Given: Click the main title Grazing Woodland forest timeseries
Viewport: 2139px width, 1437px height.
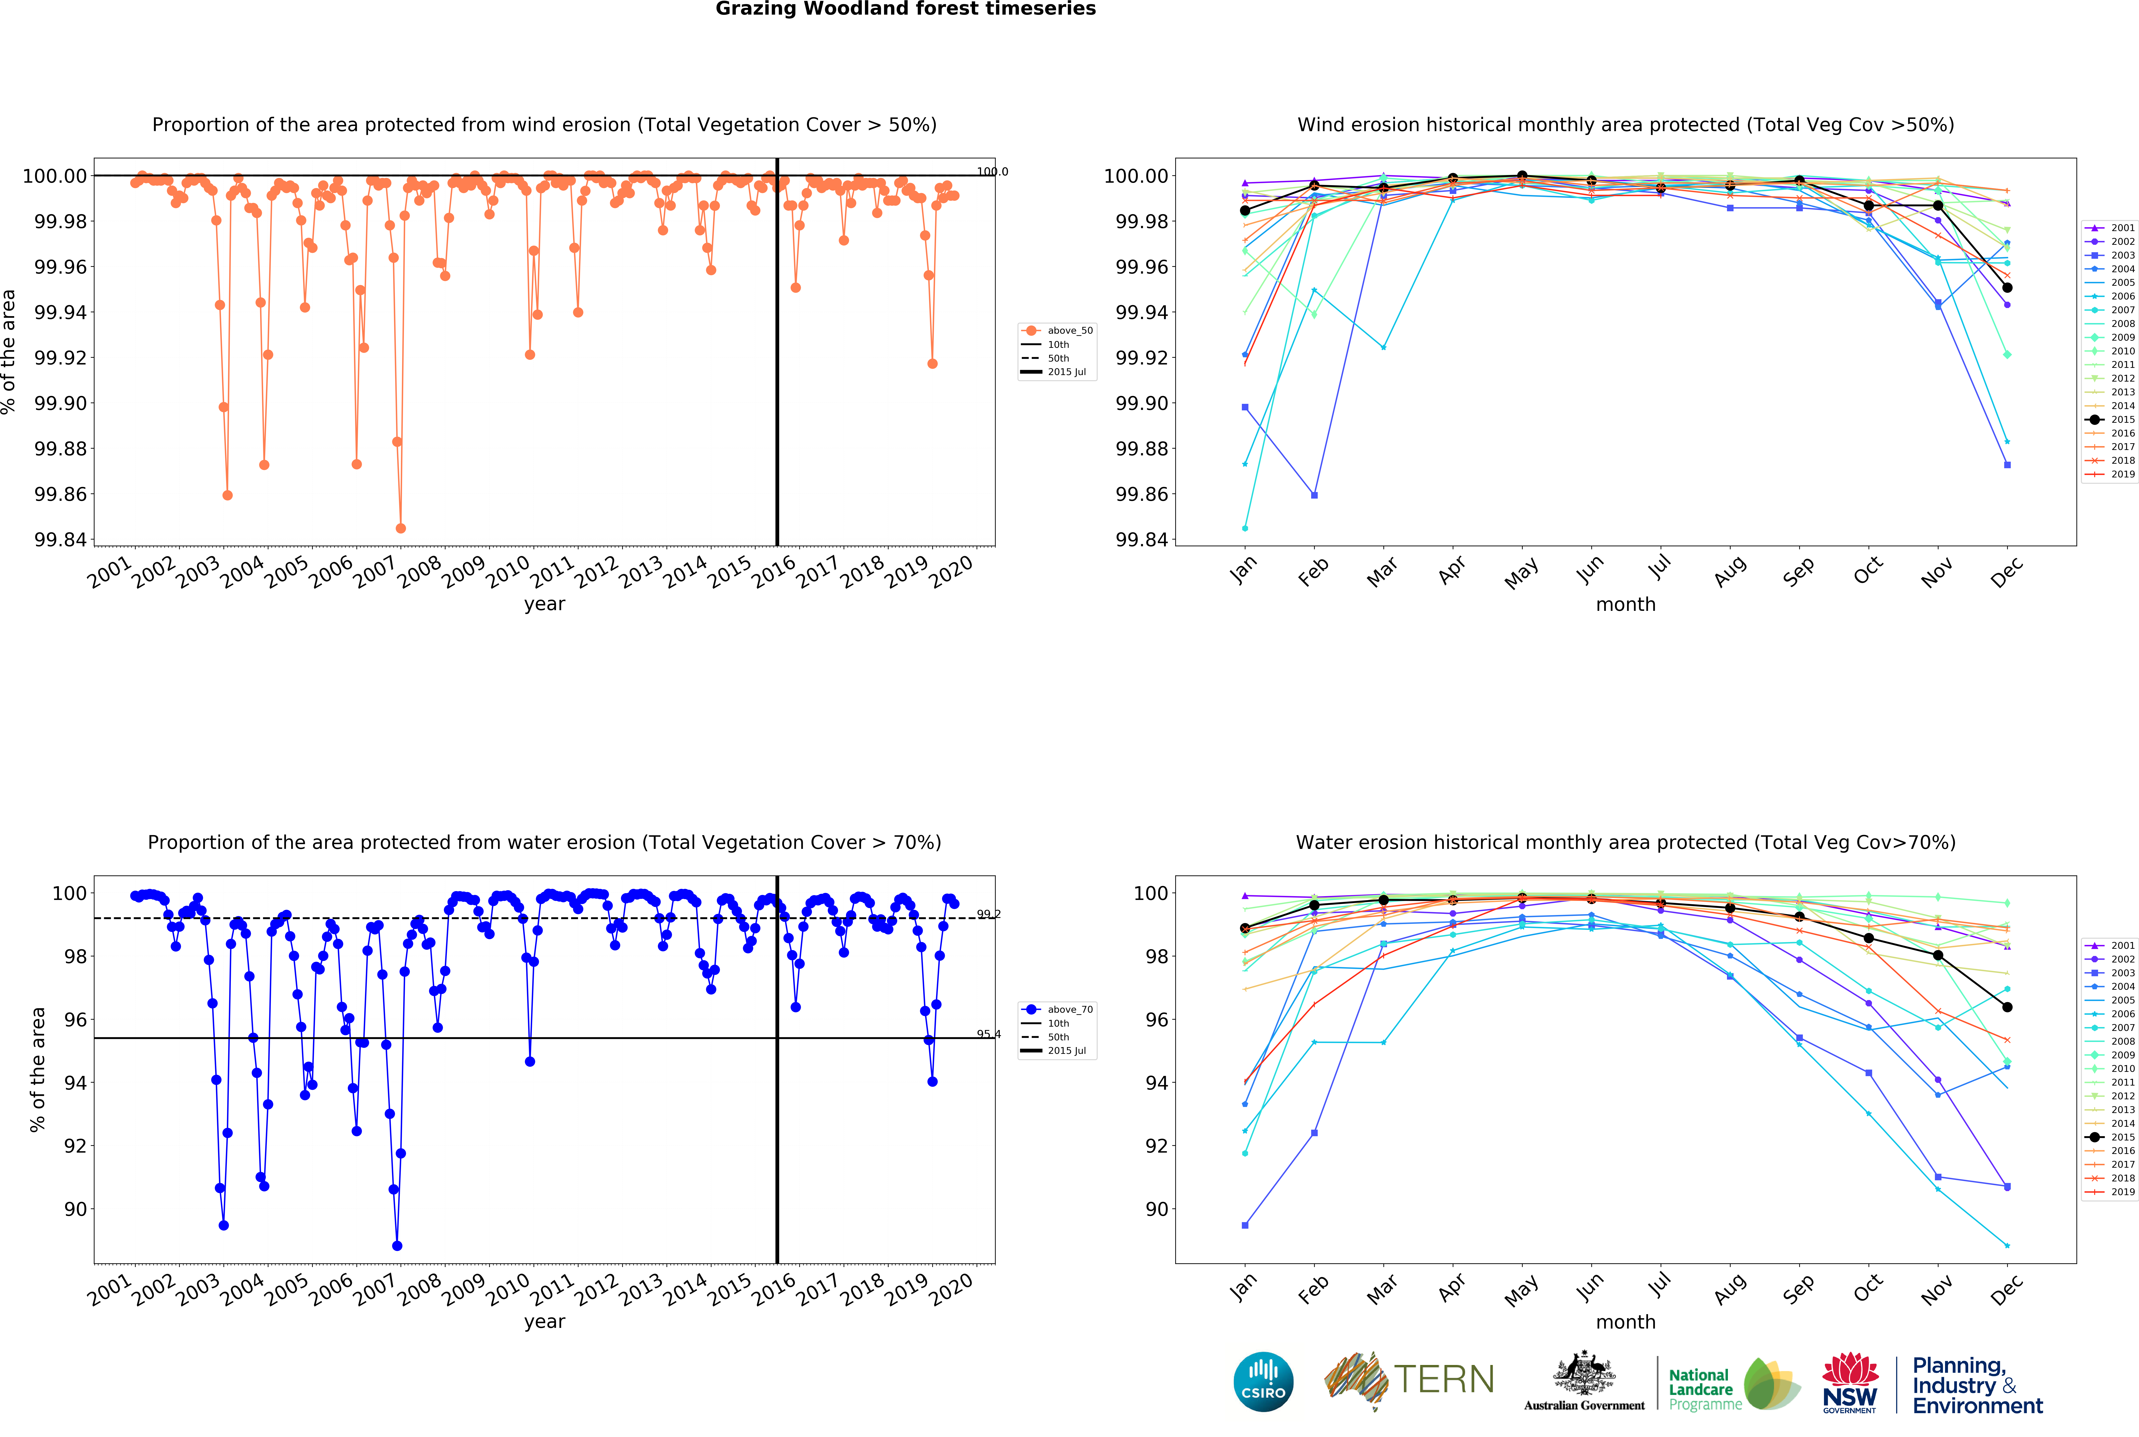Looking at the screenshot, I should tap(905, 9).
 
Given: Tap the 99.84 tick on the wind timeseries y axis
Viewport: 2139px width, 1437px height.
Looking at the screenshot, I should tap(61, 540).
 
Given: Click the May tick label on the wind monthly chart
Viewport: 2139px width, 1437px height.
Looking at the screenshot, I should tap(1521, 573).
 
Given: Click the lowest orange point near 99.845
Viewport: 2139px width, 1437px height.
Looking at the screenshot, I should tap(401, 529).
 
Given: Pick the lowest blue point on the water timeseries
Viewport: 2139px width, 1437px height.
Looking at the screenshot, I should tap(397, 1246).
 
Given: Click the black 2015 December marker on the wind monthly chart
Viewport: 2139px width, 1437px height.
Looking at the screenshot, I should tap(2007, 288).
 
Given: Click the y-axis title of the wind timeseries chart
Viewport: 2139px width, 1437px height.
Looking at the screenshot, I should tap(9, 352).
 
